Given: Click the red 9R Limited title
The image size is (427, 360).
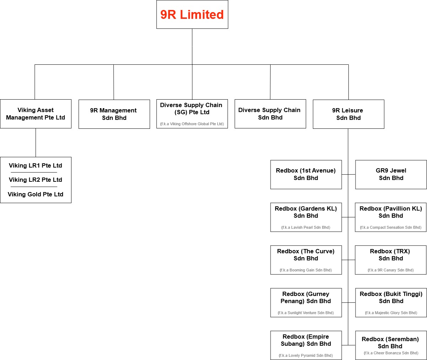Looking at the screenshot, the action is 192,15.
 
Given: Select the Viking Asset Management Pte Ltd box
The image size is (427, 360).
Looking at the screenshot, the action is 36,114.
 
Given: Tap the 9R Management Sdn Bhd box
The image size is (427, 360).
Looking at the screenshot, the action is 114,114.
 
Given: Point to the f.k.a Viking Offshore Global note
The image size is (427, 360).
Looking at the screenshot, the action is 192,124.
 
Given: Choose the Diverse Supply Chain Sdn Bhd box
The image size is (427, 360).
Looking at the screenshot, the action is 270,114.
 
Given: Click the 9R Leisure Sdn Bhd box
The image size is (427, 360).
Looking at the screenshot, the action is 348,114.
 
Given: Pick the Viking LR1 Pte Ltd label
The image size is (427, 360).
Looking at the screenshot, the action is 36,165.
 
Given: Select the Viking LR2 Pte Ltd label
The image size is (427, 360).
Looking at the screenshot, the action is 36,180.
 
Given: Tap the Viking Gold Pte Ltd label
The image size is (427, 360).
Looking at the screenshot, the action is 36,194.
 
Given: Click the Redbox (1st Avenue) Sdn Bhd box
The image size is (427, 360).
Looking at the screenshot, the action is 306,175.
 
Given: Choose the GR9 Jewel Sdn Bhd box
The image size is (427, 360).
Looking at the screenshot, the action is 391,175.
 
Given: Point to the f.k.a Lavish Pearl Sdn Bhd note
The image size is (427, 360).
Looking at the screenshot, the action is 306,227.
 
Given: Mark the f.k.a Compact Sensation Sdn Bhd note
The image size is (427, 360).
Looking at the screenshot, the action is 391,227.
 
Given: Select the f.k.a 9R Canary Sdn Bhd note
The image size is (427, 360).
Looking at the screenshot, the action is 391,270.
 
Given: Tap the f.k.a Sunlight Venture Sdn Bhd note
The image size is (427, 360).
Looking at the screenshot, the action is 306,313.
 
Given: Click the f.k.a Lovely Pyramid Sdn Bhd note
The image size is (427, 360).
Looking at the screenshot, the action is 306,355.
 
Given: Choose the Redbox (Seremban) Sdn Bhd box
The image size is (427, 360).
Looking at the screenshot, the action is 391,345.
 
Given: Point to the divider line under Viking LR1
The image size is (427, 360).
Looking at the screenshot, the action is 34,172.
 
